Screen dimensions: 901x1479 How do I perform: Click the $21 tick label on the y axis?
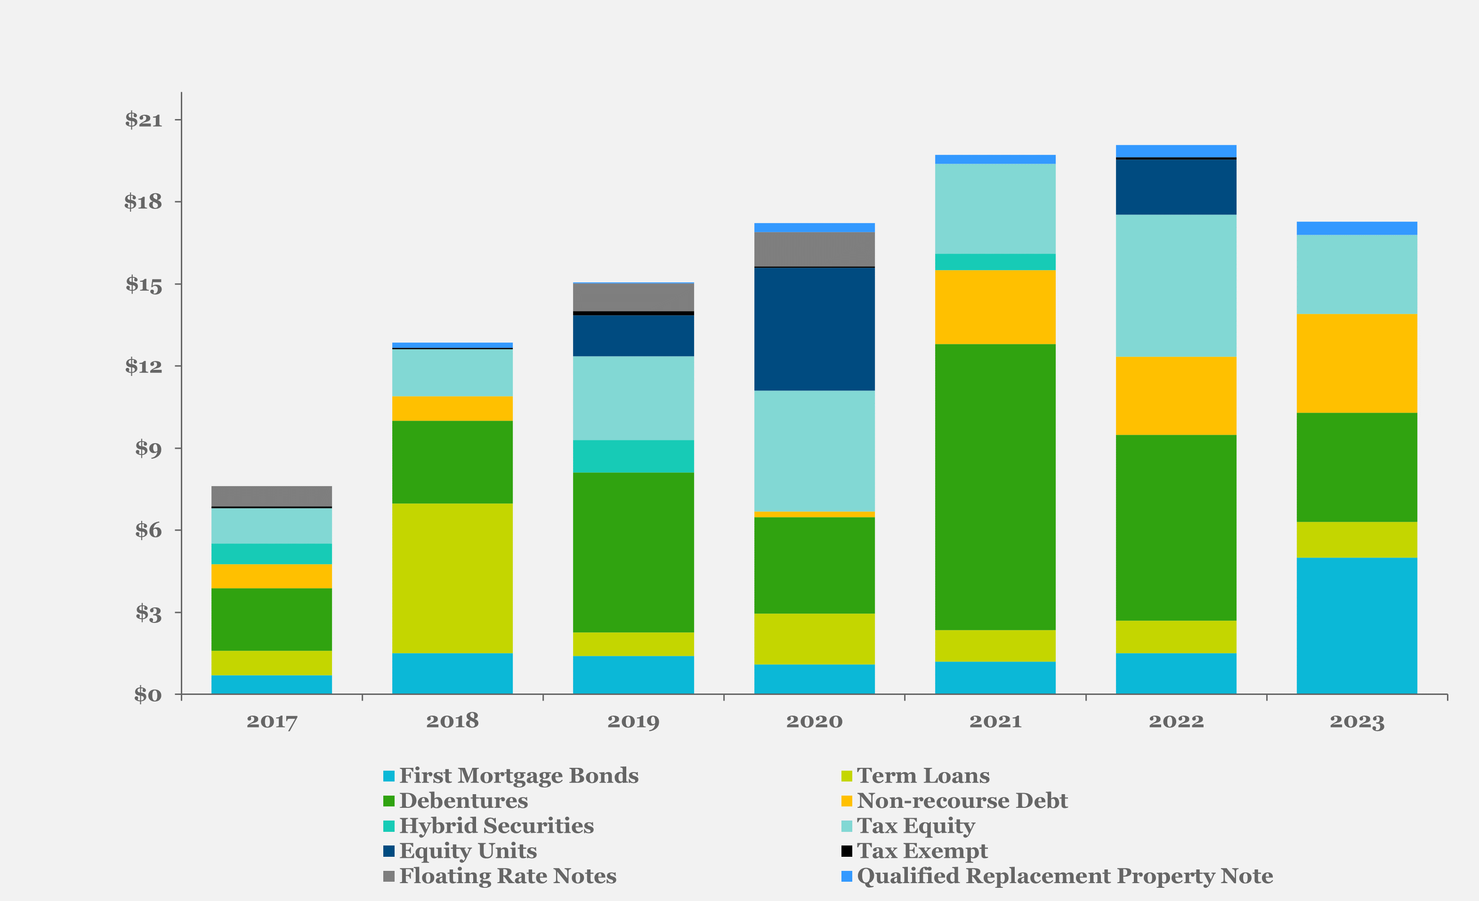[x=144, y=120]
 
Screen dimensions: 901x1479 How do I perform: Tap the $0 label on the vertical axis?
[x=148, y=694]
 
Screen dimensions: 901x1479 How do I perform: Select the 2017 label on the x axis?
[x=271, y=721]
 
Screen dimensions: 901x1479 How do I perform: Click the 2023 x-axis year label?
[x=1357, y=721]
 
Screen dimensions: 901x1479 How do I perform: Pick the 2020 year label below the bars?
[x=814, y=721]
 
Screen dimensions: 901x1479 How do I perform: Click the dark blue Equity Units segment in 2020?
[x=814, y=329]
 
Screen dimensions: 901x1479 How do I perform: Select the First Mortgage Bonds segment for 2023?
[x=1357, y=626]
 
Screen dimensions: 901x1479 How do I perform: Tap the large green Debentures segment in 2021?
[x=995, y=486]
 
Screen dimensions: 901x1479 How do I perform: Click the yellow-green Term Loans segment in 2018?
[x=452, y=578]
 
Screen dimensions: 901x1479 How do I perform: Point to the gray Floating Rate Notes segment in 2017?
[x=271, y=496]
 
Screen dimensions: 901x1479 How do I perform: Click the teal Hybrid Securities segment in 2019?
[x=633, y=456]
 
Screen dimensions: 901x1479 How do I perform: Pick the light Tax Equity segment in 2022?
[x=1176, y=286]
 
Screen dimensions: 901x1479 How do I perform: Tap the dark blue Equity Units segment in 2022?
[x=1176, y=187]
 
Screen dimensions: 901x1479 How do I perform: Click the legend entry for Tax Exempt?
[x=922, y=851]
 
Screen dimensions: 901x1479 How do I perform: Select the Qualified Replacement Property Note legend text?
[x=1064, y=876]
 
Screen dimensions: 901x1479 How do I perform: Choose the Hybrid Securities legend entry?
[x=496, y=825]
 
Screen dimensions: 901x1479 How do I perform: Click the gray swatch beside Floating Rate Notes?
[x=389, y=877]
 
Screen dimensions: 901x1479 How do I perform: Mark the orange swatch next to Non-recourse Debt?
[x=846, y=801]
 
